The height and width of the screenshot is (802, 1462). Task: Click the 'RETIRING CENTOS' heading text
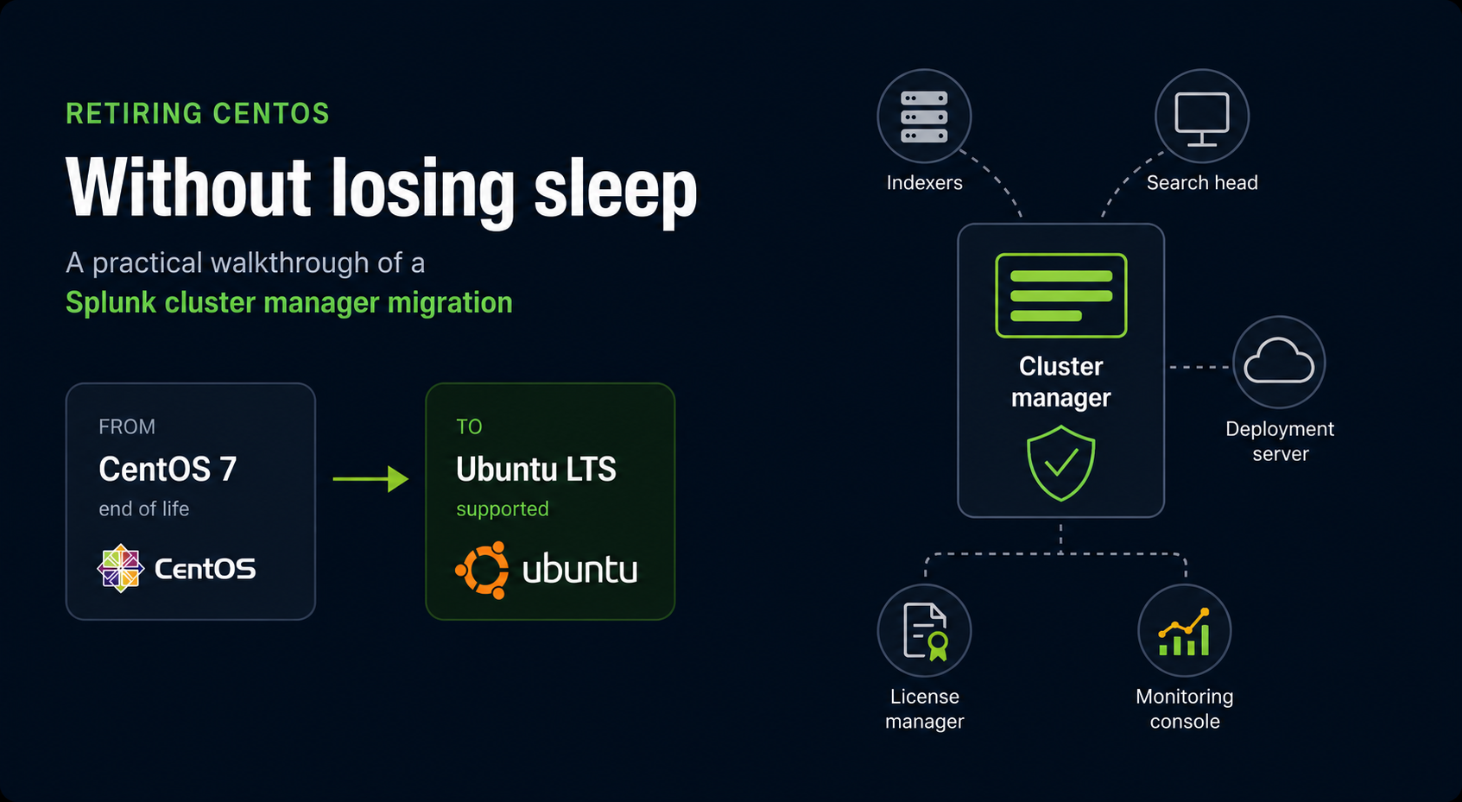(197, 114)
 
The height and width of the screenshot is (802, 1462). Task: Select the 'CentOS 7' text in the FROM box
(168, 469)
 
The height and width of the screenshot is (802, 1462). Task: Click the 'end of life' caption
(143, 508)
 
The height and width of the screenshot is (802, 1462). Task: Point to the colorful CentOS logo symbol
(120, 568)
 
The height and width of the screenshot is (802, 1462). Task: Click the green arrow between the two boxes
(370, 479)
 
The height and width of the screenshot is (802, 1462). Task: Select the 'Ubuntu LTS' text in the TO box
(536, 469)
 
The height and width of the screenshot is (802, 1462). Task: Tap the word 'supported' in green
(503, 508)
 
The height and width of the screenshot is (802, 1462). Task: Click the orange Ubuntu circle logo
(482, 571)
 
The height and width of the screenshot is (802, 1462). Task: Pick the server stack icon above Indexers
(924, 117)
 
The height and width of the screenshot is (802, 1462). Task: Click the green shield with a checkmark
(1061, 463)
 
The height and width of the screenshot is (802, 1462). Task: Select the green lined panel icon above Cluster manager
(1061, 295)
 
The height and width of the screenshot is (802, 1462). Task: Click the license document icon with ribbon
(925, 631)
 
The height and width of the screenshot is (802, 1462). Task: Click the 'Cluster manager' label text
(1061, 382)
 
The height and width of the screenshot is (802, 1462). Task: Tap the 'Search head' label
(1202, 183)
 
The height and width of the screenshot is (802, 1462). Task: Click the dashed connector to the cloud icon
(1199, 368)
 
